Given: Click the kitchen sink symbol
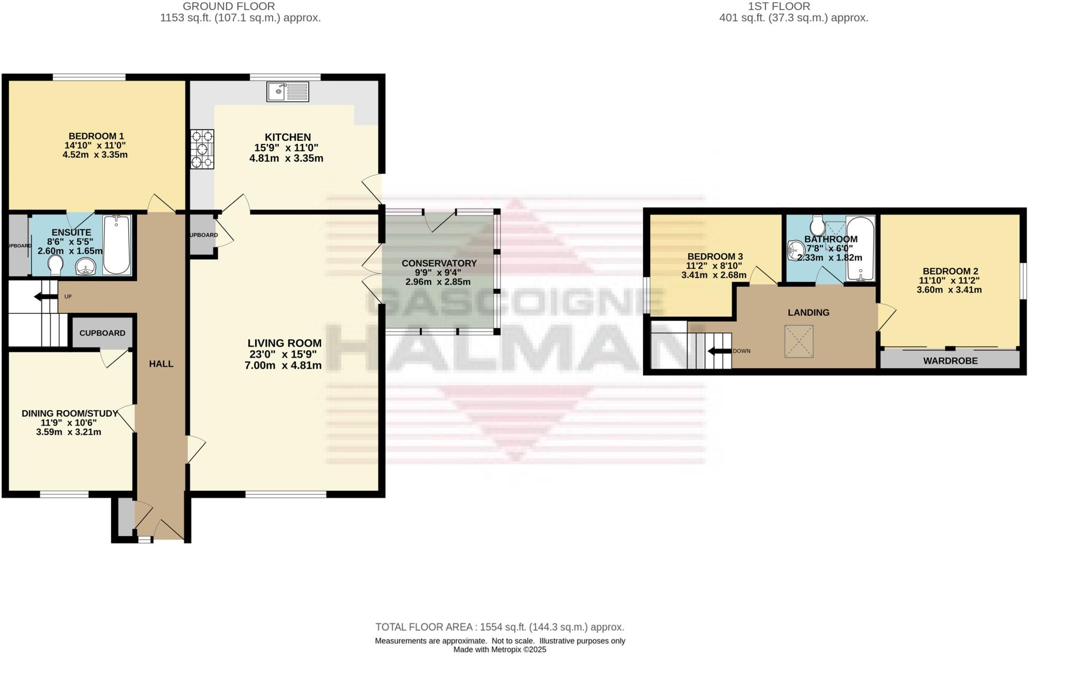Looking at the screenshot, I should click(x=288, y=92).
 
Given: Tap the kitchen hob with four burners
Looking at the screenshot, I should click(x=202, y=149).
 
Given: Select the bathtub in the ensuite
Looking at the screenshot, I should click(x=117, y=244).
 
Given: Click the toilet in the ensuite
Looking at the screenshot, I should click(x=55, y=265).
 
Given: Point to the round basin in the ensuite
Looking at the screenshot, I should click(x=85, y=267).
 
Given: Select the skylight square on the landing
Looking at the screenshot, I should click(x=799, y=341).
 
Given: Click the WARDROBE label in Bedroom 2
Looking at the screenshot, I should click(x=950, y=361).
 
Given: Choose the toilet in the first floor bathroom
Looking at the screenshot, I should click(x=817, y=226).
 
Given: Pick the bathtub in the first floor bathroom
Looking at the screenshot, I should click(x=860, y=248).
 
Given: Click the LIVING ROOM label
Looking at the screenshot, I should click(x=284, y=343).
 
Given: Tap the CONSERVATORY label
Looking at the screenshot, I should click(x=439, y=263).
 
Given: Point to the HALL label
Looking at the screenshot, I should click(x=161, y=364).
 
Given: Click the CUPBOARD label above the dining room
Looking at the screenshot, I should click(x=102, y=333).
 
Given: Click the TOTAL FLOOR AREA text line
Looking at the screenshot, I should click(x=499, y=627).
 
